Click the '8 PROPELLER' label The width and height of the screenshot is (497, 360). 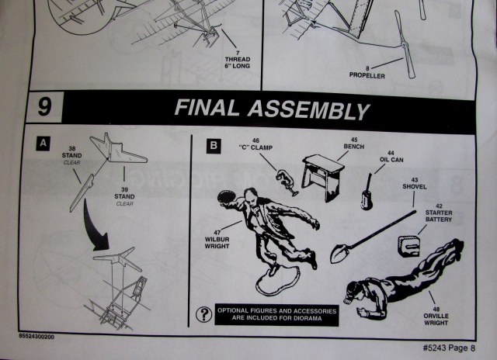(x=367, y=72)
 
